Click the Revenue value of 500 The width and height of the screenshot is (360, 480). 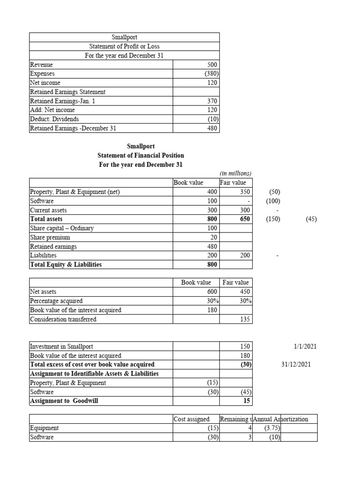212,65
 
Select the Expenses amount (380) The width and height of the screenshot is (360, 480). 210,74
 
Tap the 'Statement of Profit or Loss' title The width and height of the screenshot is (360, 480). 124,46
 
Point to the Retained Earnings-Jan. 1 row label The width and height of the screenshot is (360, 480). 62,101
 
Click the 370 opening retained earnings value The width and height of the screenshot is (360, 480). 212,101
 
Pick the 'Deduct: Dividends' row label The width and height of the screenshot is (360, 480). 54,119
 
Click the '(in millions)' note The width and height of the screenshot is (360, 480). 235,173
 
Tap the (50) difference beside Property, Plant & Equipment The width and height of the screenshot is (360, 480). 274,192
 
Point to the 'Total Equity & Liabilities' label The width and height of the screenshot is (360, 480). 66,264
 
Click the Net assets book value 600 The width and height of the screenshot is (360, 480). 212,292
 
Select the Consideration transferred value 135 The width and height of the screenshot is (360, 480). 246,319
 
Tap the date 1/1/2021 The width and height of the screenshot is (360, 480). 305,346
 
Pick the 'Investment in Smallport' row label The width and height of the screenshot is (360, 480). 61,346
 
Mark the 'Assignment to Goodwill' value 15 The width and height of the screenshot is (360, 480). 247,401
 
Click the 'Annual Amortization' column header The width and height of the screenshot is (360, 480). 280,419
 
